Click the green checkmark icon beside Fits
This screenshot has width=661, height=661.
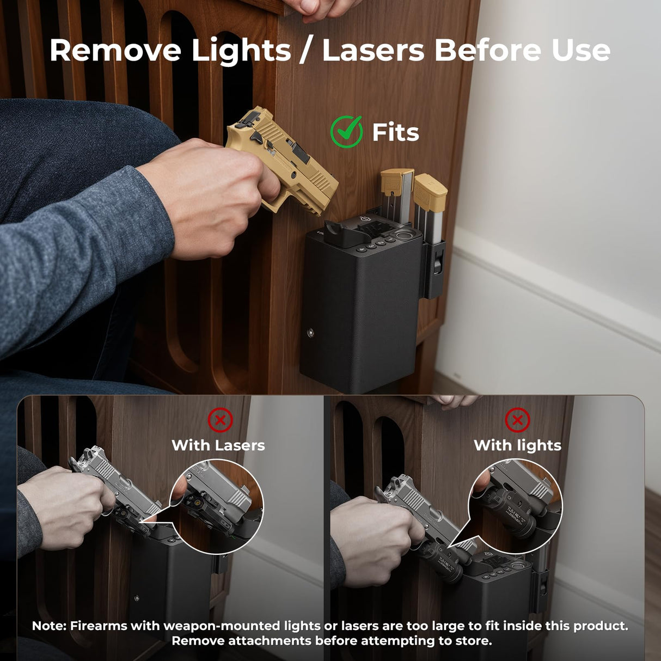click(346, 132)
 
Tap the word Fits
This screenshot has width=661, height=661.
click(396, 132)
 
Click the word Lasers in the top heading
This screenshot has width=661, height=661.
click(373, 51)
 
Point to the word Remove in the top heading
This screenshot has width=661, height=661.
click(115, 51)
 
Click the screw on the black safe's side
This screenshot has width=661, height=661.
click(311, 332)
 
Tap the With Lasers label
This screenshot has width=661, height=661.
click(218, 445)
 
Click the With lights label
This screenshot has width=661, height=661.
click(518, 445)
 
